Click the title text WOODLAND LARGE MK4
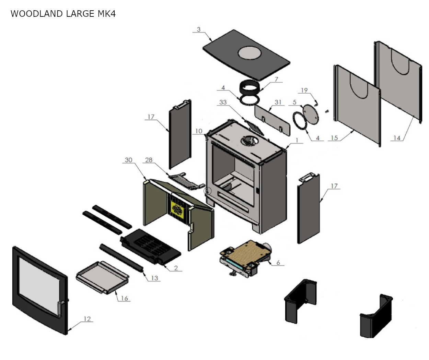coord(63,14)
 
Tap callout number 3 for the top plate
coord(199,29)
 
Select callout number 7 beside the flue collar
coord(276,79)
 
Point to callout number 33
coord(223,102)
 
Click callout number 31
coord(278,102)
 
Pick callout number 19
coord(304,90)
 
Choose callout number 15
coord(334,138)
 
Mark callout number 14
coord(397,138)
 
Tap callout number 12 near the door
coord(87,319)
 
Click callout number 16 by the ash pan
coord(124,298)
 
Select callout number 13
coord(154,278)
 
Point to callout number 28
coord(149,160)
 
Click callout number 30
coord(128,160)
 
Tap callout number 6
coord(278,263)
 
